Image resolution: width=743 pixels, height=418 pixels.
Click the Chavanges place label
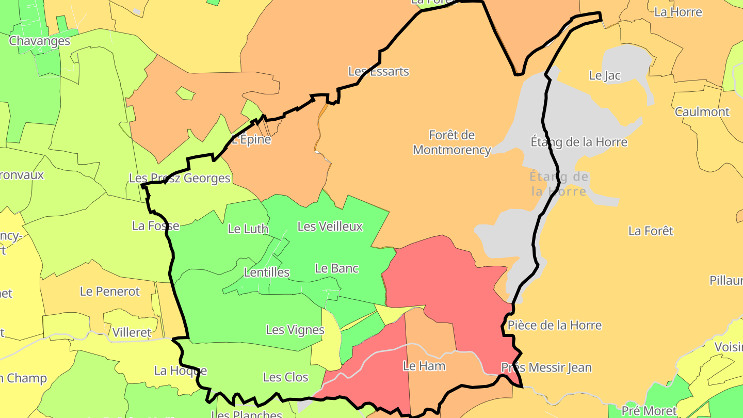40,41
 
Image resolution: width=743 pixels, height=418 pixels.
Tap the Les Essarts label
379,71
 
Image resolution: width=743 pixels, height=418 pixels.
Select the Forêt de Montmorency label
451,142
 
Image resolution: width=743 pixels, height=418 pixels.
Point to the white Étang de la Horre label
579,142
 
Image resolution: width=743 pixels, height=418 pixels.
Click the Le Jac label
605,75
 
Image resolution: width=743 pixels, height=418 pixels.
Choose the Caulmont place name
702,111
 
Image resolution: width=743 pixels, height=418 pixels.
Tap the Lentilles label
267,272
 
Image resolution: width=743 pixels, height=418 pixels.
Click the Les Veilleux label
330,226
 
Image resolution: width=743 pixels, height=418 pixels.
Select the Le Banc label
336,268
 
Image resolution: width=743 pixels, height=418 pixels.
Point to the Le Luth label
248,229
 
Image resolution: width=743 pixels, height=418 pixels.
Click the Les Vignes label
295,330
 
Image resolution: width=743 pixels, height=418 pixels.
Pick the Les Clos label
286,377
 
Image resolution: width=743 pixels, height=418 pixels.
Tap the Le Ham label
424,366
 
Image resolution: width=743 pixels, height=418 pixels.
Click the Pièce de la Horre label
555,325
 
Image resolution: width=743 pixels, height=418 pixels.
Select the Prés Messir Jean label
546,367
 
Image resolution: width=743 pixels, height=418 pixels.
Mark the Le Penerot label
110,291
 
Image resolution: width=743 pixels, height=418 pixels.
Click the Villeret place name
132,332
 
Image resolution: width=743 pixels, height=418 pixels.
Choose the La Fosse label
156,226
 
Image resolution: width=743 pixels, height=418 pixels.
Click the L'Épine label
251,139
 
